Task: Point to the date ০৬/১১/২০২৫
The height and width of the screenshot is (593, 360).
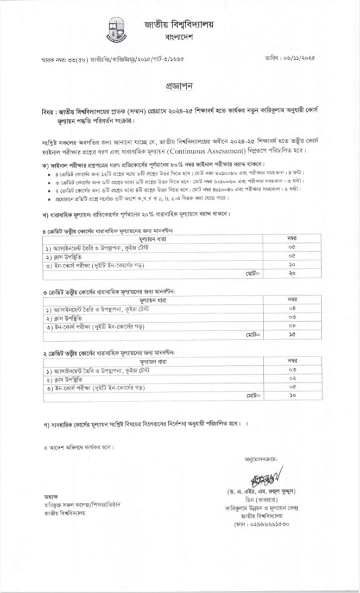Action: point(298,57)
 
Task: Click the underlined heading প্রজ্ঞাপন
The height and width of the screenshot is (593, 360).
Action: point(179,87)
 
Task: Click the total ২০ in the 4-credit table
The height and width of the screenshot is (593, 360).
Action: point(292,273)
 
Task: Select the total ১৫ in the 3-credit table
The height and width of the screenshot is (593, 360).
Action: point(292,334)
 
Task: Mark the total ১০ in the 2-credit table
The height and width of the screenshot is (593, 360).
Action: point(292,396)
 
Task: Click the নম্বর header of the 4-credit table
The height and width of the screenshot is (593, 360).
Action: point(292,239)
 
